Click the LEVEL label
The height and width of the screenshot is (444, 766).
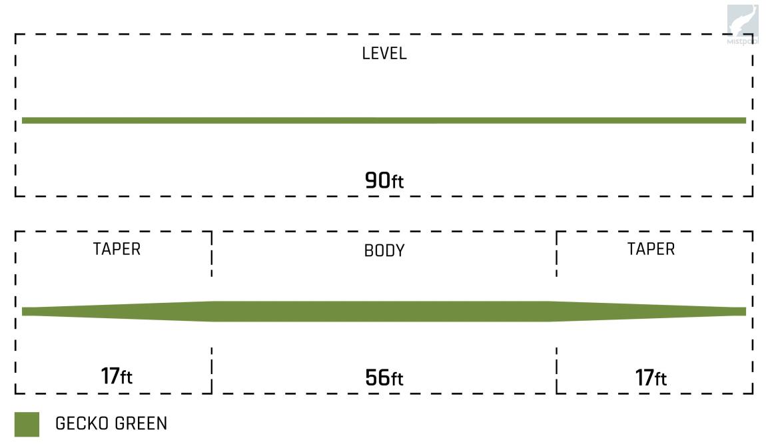(x=384, y=54)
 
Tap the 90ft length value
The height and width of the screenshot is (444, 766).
(x=384, y=180)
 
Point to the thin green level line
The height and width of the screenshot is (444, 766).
(x=384, y=120)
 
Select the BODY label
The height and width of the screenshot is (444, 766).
(x=384, y=251)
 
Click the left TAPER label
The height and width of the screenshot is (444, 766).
(x=117, y=249)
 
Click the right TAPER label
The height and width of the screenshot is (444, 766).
(x=651, y=249)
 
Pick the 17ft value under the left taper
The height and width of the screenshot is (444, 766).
(x=117, y=377)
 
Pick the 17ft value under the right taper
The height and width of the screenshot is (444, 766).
(x=651, y=378)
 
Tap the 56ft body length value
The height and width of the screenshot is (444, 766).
(x=384, y=378)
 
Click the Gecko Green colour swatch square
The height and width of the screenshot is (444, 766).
(x=27, y=424)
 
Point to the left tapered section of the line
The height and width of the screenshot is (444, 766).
(x=117, y=312)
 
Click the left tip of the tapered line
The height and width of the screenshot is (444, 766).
(x=24, y=312)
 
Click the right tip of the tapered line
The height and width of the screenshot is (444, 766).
(x=744, y=312)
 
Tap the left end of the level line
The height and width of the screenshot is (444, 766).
(x=24, y=120)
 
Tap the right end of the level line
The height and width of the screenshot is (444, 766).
(x=744, y=120)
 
